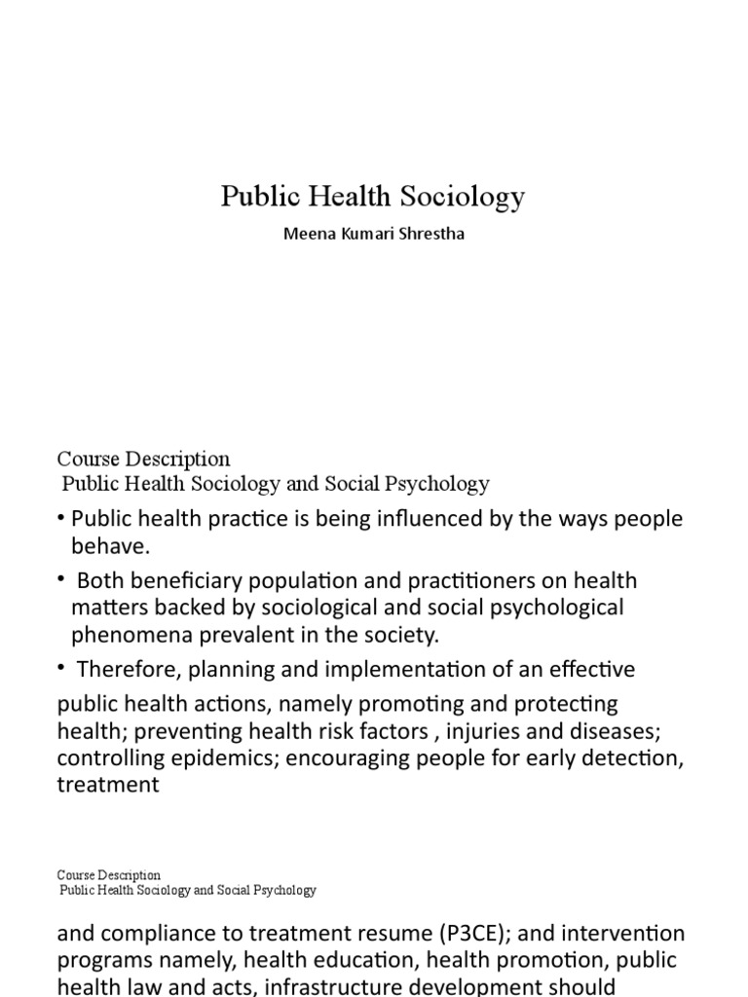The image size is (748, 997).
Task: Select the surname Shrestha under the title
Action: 430,235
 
